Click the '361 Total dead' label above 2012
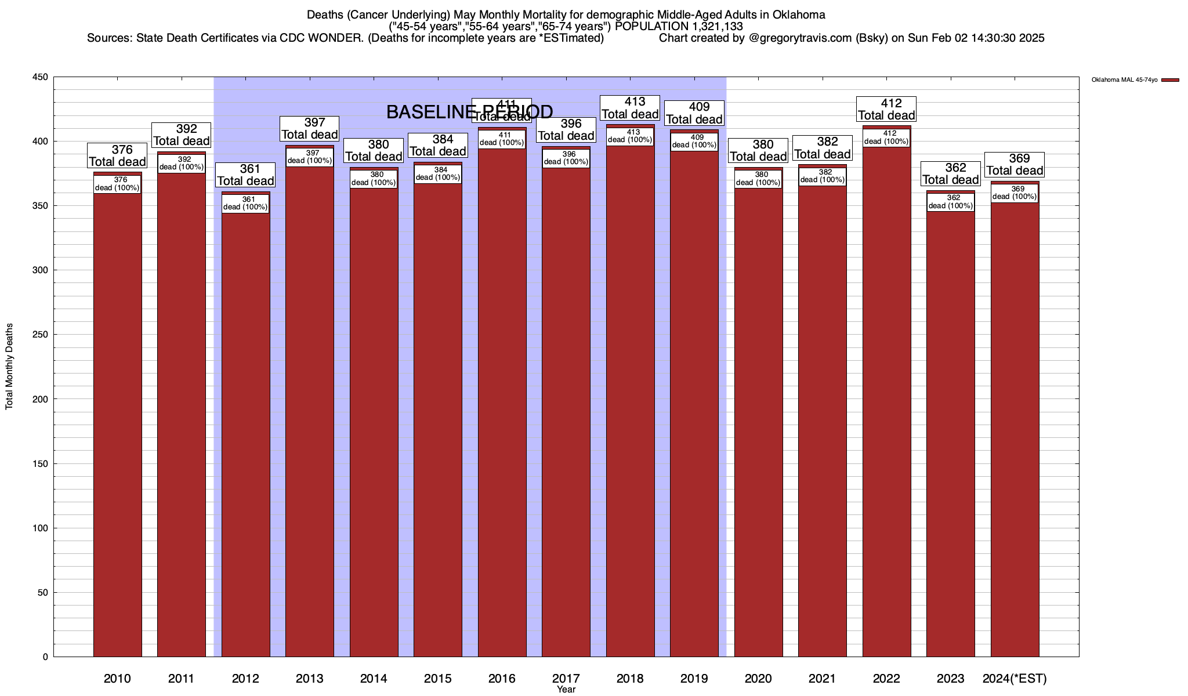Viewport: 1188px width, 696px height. coord(245,175)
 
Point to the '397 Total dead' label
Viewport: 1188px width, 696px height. coord(310,129)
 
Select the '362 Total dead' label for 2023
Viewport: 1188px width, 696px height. coord(951,174)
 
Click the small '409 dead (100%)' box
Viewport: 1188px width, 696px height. coord(694,142)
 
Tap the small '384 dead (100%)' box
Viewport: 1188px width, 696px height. coord(438,174)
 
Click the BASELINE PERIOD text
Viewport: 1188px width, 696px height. coord(469,112)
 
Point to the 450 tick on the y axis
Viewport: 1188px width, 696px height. coord(42,77)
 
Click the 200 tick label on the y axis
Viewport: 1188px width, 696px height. coord(42,399)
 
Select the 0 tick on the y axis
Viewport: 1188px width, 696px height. coord(45,657)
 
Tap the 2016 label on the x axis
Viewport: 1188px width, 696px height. coord(502,679)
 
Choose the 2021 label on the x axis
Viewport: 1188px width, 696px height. coord(823,679)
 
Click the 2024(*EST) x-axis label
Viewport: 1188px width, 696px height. coord(1015,679)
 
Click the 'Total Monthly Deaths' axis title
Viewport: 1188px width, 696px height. coord(9,367)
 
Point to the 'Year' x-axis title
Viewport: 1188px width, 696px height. coord(566,690)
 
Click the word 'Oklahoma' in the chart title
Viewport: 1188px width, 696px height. coord(799,14)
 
